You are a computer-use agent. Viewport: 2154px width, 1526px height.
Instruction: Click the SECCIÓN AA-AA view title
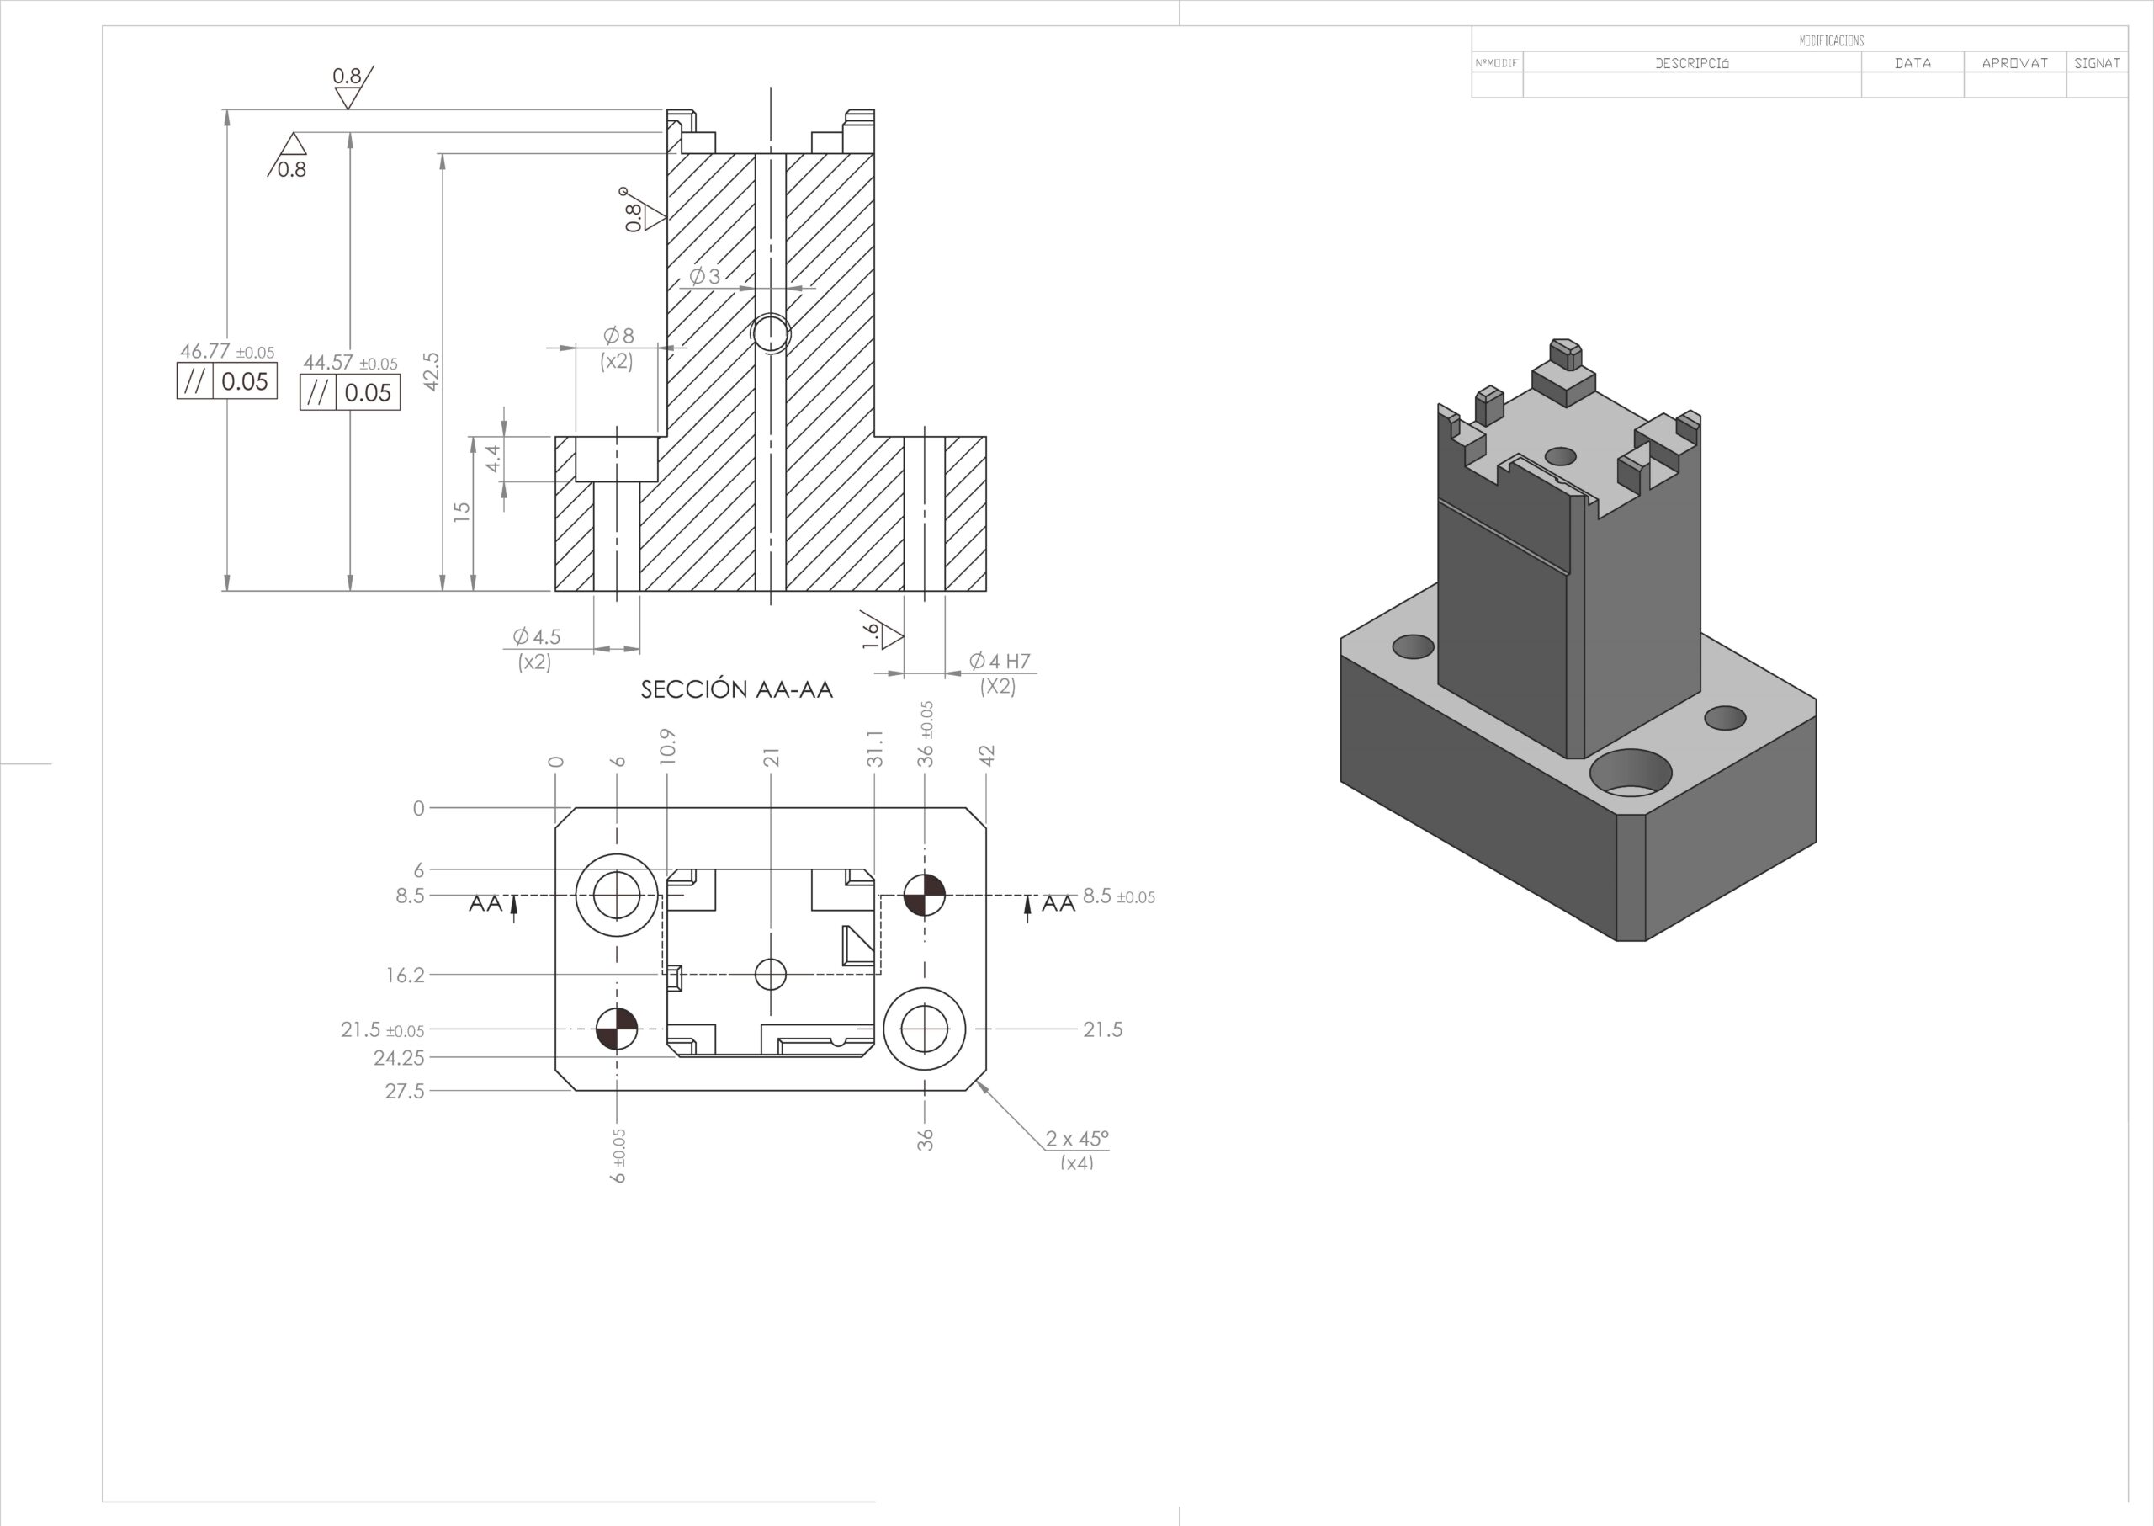[x=736, y=689]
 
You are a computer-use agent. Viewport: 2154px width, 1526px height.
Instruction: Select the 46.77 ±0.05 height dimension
[x=227, y=352]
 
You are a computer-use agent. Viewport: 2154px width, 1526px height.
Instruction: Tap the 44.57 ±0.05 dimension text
[x=350, y=363]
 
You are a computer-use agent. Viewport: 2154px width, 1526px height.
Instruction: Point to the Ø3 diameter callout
[x=704, y=276]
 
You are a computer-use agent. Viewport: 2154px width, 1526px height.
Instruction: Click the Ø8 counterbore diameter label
[x=618, y=336]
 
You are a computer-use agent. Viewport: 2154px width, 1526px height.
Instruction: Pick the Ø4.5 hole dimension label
[x=536, y=637]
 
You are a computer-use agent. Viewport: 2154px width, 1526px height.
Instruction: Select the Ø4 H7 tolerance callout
[x=1000, y=662]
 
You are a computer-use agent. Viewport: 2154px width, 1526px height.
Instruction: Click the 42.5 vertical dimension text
[x=431, y=371]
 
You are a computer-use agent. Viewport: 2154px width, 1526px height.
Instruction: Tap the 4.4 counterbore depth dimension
[x=492, y=459]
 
